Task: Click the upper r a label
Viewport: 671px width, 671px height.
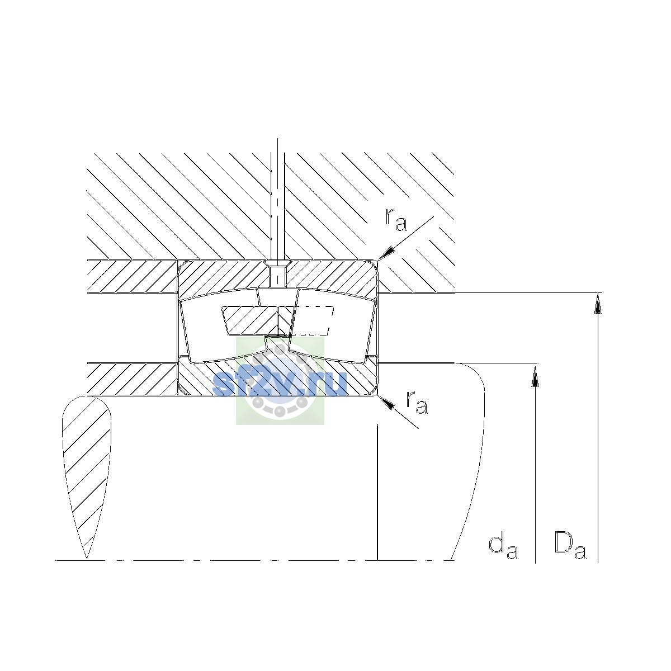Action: point(395,220)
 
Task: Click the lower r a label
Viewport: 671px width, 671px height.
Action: point(417,403)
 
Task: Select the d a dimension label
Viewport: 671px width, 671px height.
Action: point(503,547)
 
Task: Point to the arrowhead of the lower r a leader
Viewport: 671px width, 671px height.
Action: point(386,402)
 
